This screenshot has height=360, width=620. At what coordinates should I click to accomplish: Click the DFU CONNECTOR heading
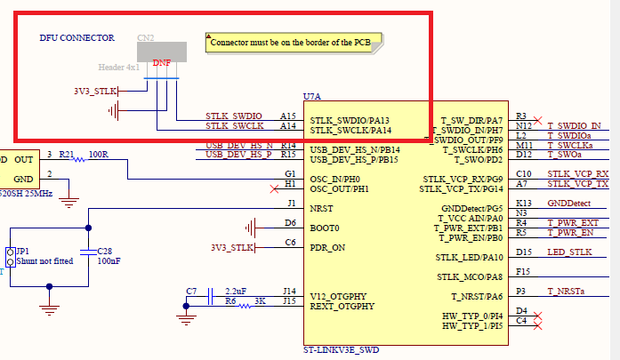click(77, 38)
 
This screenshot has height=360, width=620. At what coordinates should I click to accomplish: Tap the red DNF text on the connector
click(162, 63)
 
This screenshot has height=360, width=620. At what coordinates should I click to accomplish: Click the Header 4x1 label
click(119, 66)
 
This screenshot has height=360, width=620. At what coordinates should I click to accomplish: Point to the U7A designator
click(312, 96)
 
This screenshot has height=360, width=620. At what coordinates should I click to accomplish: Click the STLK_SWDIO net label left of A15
click(234, 116)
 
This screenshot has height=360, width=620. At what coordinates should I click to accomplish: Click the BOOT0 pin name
click(325, 228)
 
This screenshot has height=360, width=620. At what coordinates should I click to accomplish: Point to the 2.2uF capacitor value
click(236, 292)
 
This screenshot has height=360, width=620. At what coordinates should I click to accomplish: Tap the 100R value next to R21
click(98, 155)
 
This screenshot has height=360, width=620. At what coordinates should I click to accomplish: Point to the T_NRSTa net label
click(569, 292)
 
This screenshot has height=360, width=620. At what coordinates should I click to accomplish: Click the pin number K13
click(523, 204)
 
